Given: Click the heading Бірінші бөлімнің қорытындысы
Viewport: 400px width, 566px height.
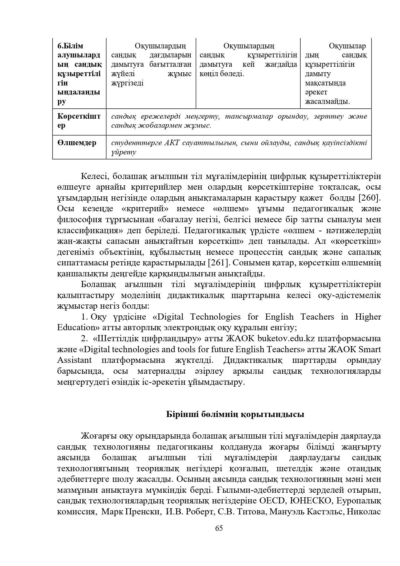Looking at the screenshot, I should (x=235, y=414).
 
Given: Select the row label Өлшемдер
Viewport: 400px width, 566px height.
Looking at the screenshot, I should (x=77, y=143).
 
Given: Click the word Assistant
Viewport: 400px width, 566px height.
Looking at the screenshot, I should (x=74, y=360).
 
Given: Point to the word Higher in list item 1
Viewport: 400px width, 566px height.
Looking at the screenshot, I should (x=368, y=317).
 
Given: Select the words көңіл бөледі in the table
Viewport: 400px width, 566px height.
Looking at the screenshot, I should (x=222, y=74).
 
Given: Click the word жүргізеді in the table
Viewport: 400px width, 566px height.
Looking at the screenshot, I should (x=127, y=83).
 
